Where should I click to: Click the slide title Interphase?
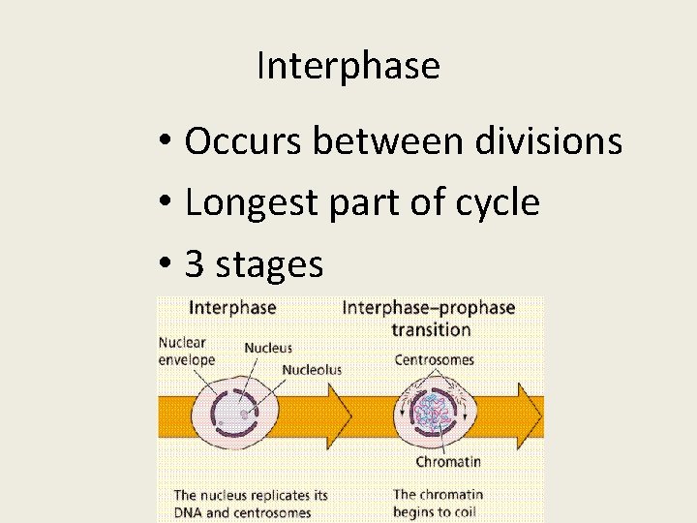pyautogui.click(x=348, y=66)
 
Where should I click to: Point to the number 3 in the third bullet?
pyautogui.click(x=194, y=263)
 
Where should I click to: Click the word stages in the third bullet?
pyautogui.click(x=269, y=265)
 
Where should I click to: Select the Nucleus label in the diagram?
pyautogui.click(x=268, y=348)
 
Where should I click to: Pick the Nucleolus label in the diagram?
pyautogui.click(x=312, y=369)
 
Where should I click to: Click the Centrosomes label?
pyautogui.click(x=435, y=359)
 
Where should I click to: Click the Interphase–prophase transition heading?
pyautogui.click(x=429, y=319)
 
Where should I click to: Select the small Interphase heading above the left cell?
pyautogui.click(x=232, y=308)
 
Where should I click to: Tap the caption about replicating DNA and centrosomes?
pyautogui.click(x=250, y=504)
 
